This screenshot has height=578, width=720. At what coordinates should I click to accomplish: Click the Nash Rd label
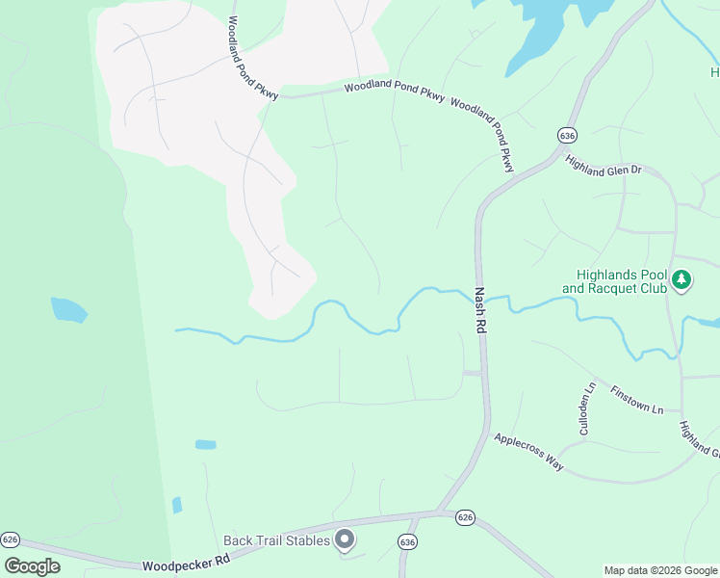pyautogui.click(x=478, y=311)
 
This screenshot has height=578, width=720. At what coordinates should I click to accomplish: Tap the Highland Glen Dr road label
pyautogui.click(x=604, y=165)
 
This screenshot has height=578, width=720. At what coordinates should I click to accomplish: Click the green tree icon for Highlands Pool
pyautogui.click(x=681, y=280)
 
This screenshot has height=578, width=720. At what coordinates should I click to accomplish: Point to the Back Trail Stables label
pyautogui.click(x=277, y=540)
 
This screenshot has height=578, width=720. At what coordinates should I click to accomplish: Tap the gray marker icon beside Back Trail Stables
pyautogui.click(x=345, y=539)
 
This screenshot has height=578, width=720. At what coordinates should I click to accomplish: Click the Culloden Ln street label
pyautogui.click(x=587, y=409)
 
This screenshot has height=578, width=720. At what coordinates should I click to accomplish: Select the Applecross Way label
pyautogui.click(x=528, y=452)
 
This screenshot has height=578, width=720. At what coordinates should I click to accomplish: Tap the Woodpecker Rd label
pyautogui.click(x=186, y=563)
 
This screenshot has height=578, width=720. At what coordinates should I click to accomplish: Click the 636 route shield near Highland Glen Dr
pyautogui.click(x=565, y=136)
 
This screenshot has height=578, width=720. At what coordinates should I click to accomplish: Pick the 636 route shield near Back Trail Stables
pyautogui.click(x=408, y=543)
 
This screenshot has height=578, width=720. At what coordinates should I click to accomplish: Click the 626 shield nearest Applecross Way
pyautogui.click(x=466, y=517)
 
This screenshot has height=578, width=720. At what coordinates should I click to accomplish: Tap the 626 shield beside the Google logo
pyautogui.click(x=11, y=539)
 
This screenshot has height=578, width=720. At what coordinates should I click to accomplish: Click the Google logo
pyautogui.click(x=32, y=566)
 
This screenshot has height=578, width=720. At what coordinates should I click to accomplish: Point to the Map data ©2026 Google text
pyautogui.click(x=660, y=570)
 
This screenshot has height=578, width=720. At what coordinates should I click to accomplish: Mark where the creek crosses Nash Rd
pyautogui.click(x=478, y=291)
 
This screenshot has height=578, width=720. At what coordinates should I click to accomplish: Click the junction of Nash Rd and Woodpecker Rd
pyautogui.click(x=439, y=512)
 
